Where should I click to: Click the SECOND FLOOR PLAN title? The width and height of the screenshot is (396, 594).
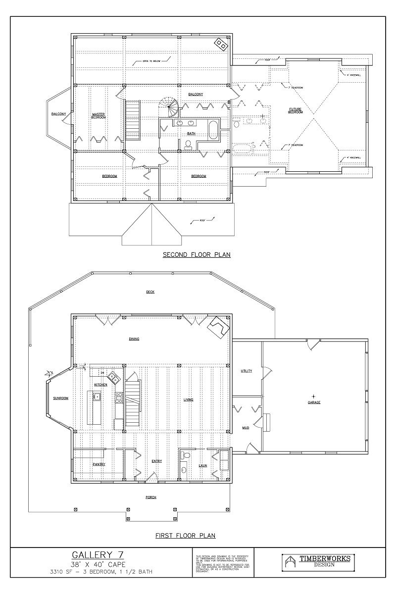[x=197, y=255]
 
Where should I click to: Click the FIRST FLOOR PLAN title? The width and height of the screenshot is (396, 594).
[x=185, y=536]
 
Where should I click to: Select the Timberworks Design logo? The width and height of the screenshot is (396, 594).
[x=316, y=561]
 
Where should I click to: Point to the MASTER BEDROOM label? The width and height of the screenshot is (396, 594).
[x=99, y=116]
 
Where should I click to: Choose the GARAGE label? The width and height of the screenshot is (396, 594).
[x=314, y=402]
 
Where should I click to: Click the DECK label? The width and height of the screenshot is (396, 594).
[x=150, y=292]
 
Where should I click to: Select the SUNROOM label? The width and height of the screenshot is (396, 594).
[x=60, y=398]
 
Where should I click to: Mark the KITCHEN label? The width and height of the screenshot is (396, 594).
[x=101, y=385]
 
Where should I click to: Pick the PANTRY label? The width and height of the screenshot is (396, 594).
[x=99, y=464]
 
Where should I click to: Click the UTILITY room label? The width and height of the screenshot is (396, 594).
[x=246, y=371]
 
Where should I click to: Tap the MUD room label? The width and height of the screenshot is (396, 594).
[x=246, y=427]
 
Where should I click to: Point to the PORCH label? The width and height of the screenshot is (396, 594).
[x=151, y=496]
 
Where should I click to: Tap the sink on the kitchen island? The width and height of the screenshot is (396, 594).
[x=97, y=396]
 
